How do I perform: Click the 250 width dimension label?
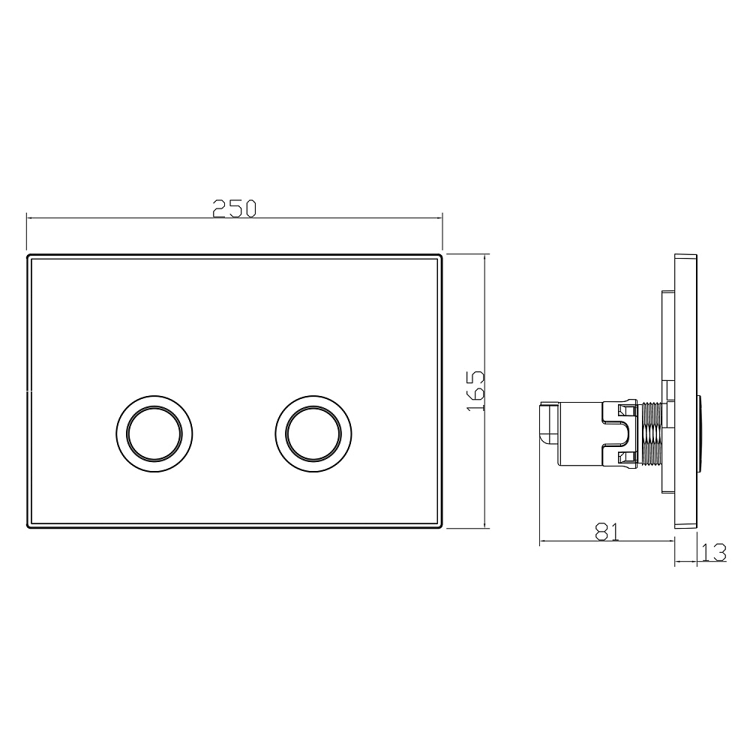(x=234, y=208)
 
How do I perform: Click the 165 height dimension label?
(x=476, y=390)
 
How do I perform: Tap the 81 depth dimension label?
(x=607, y=532)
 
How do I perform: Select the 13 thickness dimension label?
(x=714, y=553)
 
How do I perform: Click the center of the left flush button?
(x=154, y=433)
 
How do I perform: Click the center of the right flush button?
(x=313, y=433)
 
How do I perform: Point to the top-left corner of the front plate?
(x=27, y=255)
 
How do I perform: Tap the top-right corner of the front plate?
(x=442, y=255)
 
